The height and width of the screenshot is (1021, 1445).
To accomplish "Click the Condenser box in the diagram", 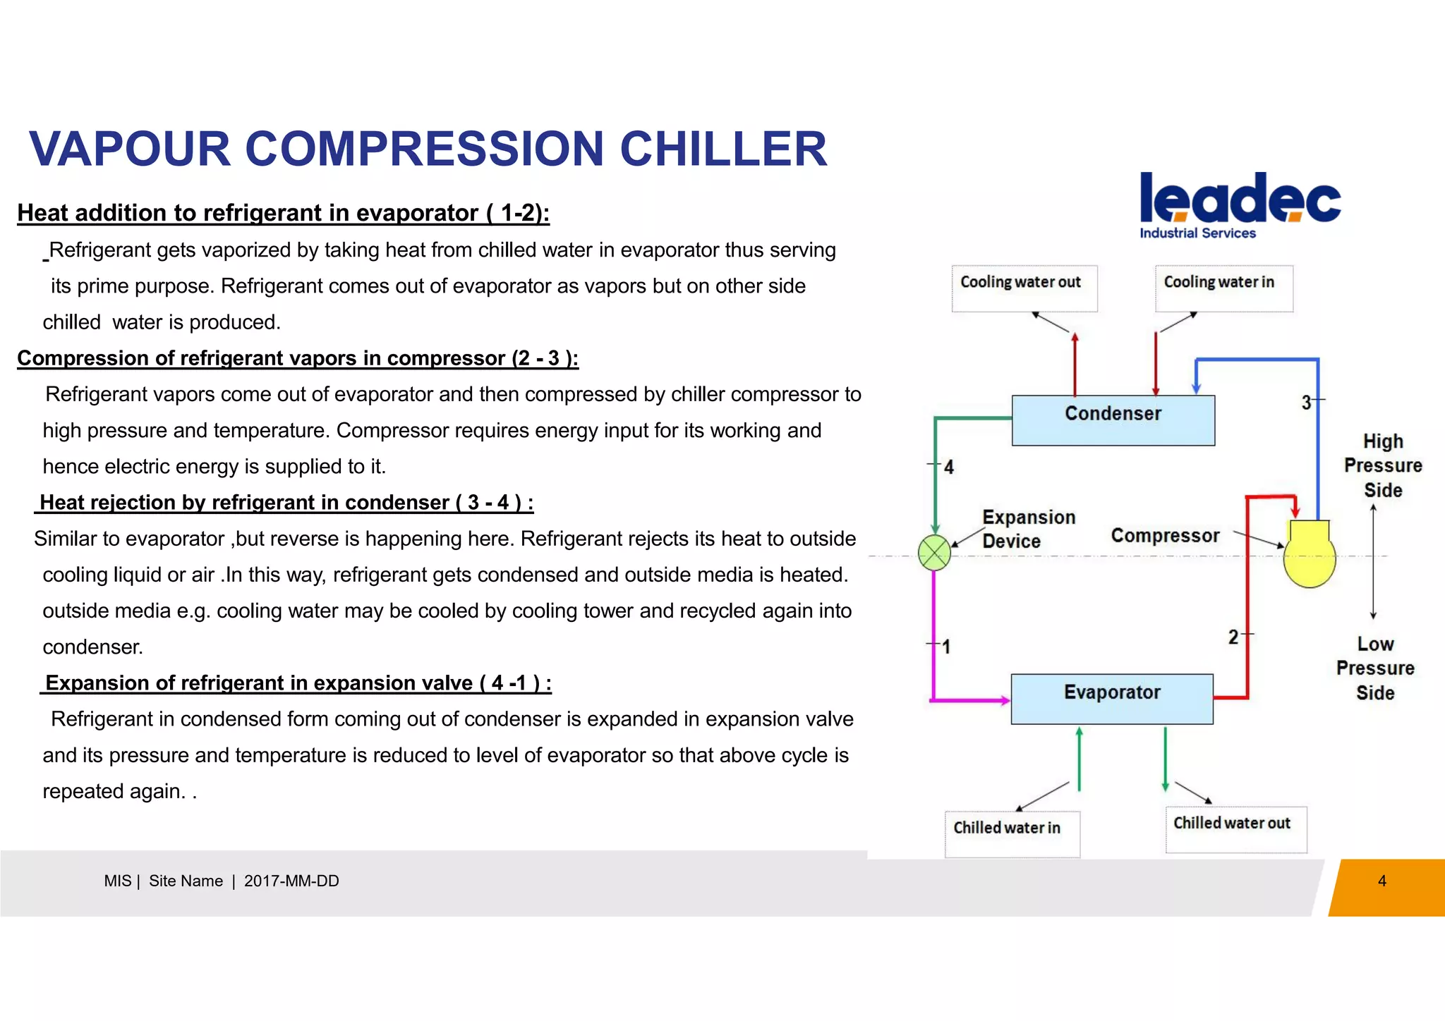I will click(1113, 420).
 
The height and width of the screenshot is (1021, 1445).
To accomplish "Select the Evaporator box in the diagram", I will click(1112, 699).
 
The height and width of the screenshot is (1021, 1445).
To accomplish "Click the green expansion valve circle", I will click(934, 553).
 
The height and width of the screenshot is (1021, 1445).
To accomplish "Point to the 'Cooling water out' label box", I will click(1024, 288).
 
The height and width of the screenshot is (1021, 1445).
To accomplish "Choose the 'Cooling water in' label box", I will click(1223, 288).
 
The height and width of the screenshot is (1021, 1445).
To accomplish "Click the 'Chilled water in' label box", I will click(1012, 833).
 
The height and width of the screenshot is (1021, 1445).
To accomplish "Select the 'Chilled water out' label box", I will click(1235, 829).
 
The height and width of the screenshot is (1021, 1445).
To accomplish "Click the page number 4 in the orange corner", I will click(1381, 881).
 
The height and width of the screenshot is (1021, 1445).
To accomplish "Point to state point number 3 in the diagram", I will click(1307, 403).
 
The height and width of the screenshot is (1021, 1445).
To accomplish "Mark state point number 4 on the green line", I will click(949, 467).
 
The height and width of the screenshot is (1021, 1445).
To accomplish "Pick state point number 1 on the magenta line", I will click(946, 647).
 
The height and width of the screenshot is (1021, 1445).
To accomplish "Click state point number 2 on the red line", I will click(1233, 637).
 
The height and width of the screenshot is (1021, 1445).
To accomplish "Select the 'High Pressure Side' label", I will click(1383, 465).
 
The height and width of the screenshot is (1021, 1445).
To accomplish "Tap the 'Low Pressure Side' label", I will click(1375, 668).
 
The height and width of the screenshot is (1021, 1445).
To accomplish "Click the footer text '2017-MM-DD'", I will click(291, 881).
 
